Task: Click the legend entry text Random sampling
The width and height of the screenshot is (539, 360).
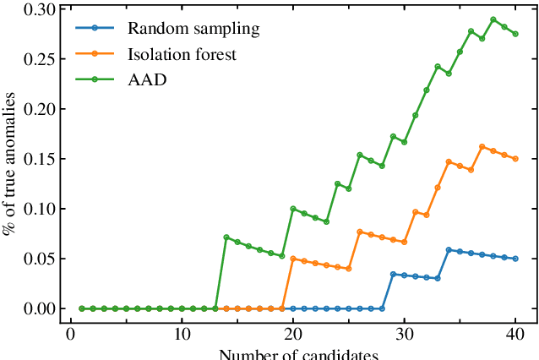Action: (x=193, y=29)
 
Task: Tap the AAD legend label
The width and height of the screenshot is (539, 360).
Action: (x=146, y=80)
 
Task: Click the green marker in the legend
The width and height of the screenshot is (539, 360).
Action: (x=95, y=80)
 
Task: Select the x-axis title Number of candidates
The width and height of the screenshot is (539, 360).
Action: (x=297, y=354)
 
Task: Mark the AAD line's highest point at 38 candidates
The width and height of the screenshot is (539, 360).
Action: (x=493, y=19)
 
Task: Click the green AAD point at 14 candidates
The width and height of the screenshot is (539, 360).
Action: (x=226, y=237)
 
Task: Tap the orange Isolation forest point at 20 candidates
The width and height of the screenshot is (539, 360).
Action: (x=293, y=259)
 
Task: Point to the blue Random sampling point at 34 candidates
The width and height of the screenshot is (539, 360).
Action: (x=449, y=250)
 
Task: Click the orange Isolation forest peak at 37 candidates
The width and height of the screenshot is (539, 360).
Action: (x=482, y=147)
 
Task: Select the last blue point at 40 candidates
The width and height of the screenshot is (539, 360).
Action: (x=515, y=259)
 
